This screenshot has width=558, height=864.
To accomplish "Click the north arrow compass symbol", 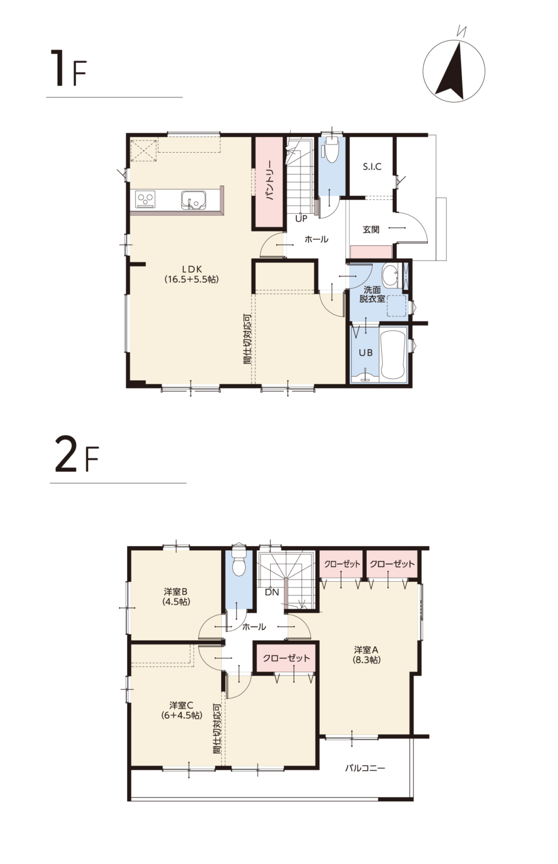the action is pyautogui.click(x=454, y=71).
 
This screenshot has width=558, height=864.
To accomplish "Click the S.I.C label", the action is pyautogui.click(x=372, y=166).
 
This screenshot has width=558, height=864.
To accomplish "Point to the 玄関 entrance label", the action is pyautogui.click(x=371, y=229).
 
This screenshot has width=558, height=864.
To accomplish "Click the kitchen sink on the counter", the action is pyautogui.click(x=193, y=200).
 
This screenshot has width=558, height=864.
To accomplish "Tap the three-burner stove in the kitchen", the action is pyautogui.click(x=145, y=200).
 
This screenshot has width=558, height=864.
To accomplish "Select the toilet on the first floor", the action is pyautogui.click(x=332, y=151).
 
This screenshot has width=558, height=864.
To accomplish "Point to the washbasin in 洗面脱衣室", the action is pyautogui.click(x=392, y=276).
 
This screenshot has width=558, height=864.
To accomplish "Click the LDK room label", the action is pyautogui.click(x=192, y=274).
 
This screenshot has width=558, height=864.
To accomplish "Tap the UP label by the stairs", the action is pyautogui.click(x=301, y=219).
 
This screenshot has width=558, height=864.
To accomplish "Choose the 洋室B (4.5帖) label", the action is pyautogui.click(x=176, y=596).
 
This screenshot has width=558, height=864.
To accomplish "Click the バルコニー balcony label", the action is pyautogui.click(x=365, y=768).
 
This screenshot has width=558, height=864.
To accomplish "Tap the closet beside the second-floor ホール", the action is pyautogui.click(x=286, y=658).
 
